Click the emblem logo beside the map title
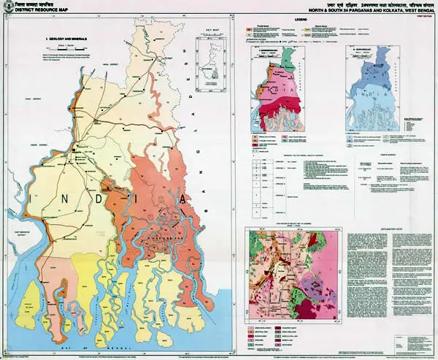coord(9,8)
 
